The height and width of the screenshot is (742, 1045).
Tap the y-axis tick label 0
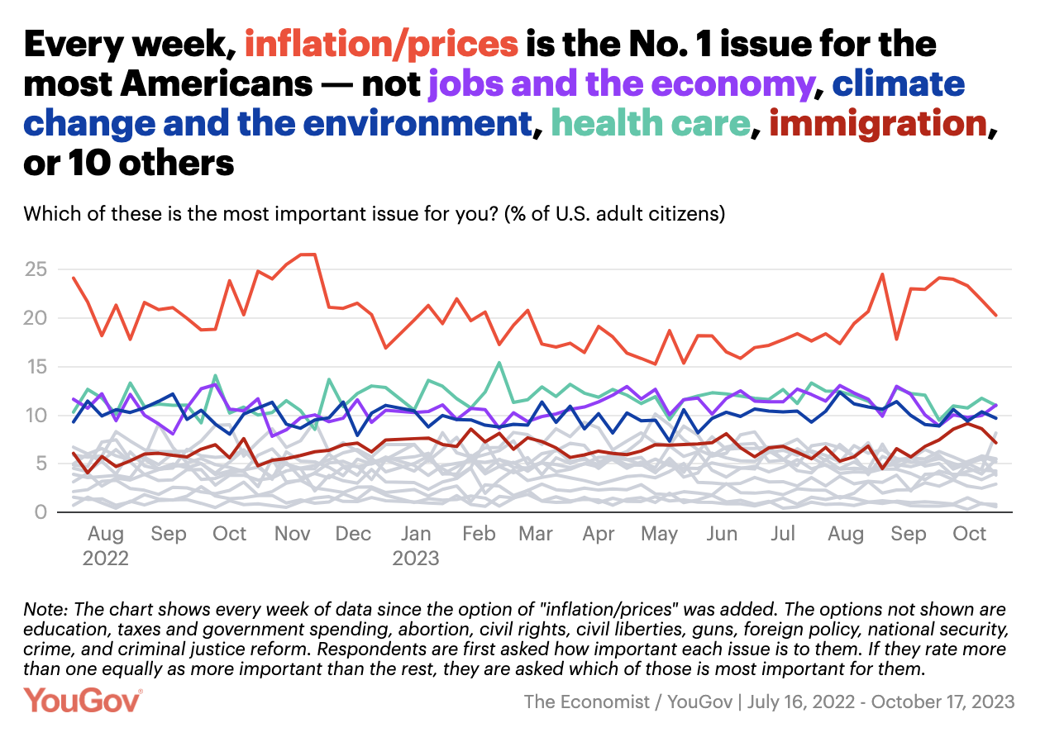pos(39,512)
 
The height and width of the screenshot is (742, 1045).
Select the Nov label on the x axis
pos(292,534)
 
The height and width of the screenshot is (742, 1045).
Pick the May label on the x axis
pos(660,534)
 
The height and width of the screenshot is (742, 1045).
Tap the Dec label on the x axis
pos(353,534)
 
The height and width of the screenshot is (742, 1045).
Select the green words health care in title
pos(650,124)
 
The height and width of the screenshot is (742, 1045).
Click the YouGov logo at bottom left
pos(83,701)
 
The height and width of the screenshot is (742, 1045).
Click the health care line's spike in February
pos(499,362)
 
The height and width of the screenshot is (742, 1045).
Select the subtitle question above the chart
pos(375,214)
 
